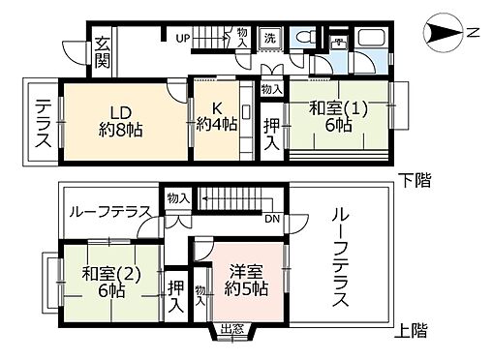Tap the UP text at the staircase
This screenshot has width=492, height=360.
click(180, 39)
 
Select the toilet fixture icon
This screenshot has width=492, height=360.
click(305, 37)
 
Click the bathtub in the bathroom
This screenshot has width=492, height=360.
click(372, 40)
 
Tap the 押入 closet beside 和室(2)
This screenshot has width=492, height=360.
click(174, 295)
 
